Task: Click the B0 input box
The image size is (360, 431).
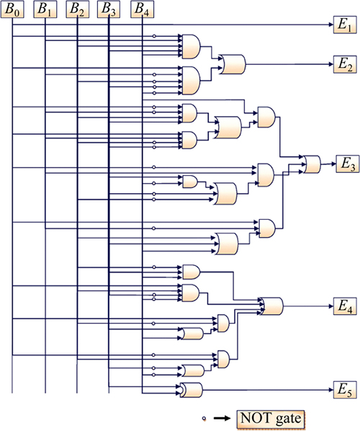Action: (x=12, y=9)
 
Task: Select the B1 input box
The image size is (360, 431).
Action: (x=45, y=9)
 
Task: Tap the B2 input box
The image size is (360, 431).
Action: (x=78, y=9)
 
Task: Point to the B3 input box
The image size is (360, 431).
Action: (x=109, y=9)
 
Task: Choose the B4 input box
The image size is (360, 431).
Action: (x=143, y=9)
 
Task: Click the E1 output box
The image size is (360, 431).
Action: (x=345, y=25)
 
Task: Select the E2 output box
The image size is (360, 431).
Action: (x=345, y=64)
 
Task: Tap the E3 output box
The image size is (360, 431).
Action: (x=348, y=164)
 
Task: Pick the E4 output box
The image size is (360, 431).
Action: (x=345, y=306)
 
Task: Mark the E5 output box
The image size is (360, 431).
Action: (x=345, y=390)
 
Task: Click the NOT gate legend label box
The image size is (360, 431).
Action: (x=271, y=419)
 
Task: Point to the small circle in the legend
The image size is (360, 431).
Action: (x=204, y=419)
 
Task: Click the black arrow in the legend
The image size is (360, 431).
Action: (x=222, y=418)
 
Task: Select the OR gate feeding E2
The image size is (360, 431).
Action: (x=233, y=64)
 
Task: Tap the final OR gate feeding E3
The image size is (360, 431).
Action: (x=312, y=164)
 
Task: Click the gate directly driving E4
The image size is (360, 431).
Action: (x=272, y=306)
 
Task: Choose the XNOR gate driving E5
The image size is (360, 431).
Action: (x=191, y=390)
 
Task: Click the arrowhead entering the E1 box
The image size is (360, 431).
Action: (x=331, y=25)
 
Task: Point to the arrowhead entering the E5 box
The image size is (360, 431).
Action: (x=331, y=390)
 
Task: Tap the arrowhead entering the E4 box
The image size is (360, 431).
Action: (x=331, y=306)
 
